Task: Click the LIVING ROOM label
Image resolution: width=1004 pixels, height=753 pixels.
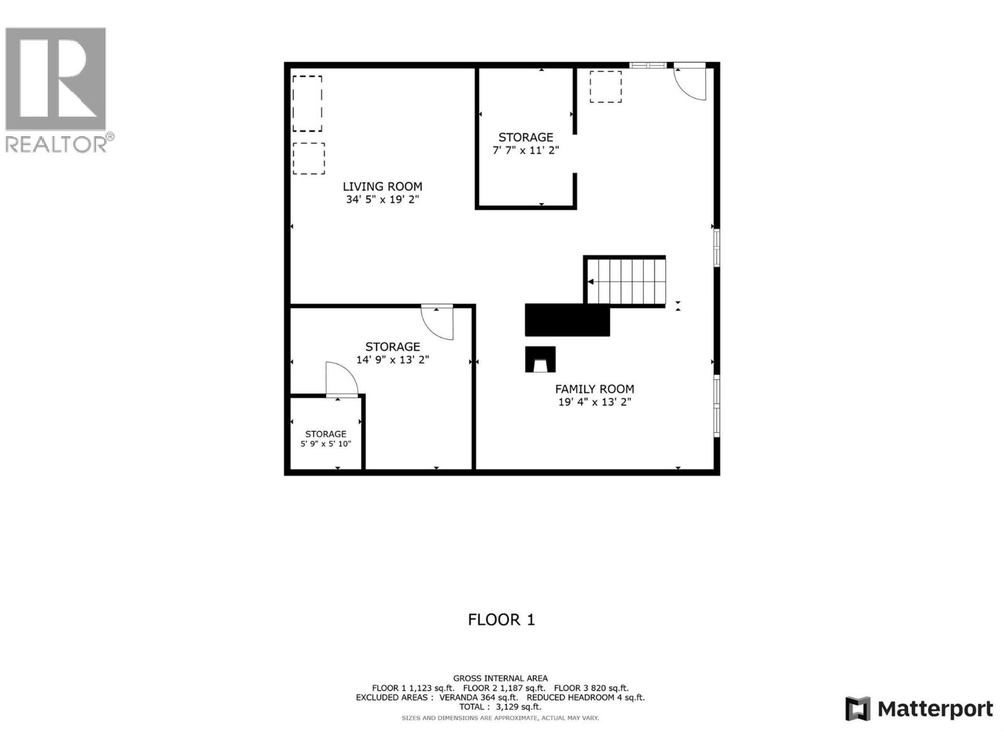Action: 382,186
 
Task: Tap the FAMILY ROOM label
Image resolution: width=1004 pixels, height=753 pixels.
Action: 594,389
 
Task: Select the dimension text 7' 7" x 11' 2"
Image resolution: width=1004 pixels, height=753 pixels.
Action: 525,151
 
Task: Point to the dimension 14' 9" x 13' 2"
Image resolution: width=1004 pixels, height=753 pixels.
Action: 392,360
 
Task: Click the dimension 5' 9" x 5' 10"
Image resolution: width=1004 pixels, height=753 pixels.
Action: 326,444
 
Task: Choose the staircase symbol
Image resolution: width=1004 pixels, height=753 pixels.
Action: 626,282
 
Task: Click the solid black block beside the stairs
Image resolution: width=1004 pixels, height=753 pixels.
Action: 567,320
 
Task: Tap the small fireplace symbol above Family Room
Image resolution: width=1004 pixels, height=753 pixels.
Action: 540,360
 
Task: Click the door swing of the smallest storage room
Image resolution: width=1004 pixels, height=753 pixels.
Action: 341,380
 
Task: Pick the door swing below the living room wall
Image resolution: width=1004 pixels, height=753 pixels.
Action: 438,321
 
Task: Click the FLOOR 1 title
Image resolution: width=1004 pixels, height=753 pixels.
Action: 501,619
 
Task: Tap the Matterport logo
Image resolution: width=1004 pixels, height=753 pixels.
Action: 919,709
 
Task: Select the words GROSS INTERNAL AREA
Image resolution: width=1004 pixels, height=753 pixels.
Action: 500,678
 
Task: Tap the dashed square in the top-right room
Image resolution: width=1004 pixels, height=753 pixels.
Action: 606,87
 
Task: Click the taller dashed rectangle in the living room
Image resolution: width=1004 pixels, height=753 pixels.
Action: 307,104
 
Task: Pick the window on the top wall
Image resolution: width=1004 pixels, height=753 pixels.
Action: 648,65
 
